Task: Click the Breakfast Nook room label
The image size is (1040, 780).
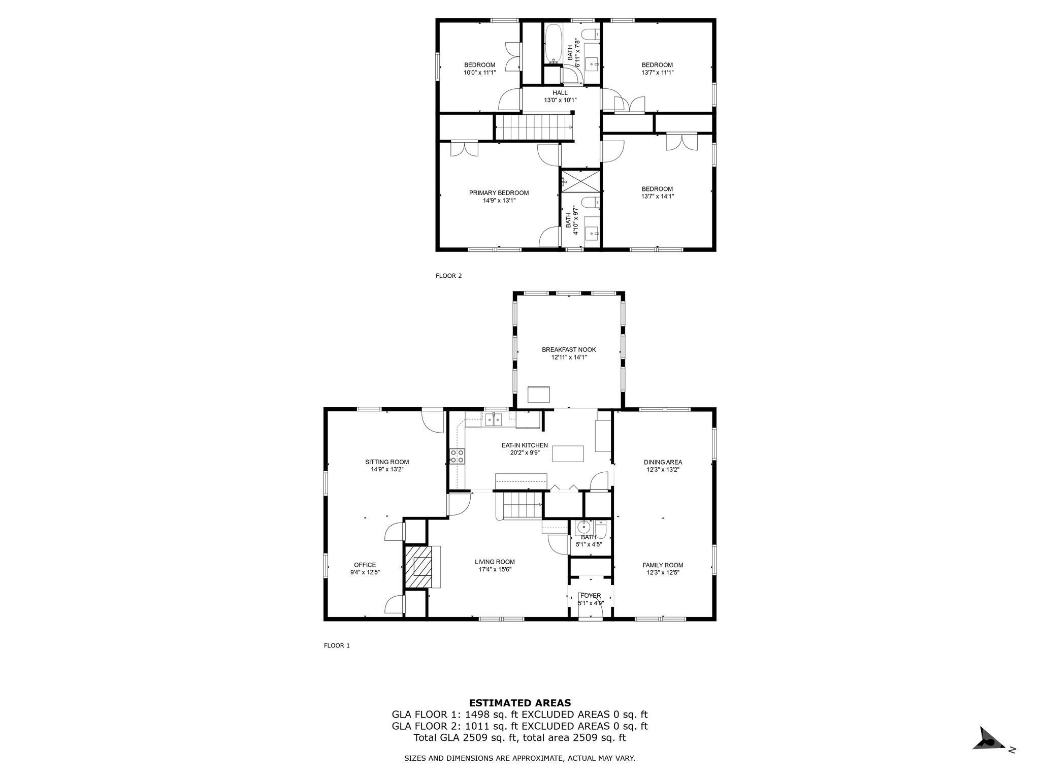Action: point(569,349)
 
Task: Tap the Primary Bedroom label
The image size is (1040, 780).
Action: point(499,193)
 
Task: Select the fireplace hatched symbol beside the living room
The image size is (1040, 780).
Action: point(418,567)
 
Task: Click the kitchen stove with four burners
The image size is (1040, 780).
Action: point(457,456)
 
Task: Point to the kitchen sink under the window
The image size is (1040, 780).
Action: point(493,419)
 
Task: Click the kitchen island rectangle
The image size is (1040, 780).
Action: point(568,453)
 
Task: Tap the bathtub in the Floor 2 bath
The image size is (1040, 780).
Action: point(553,44)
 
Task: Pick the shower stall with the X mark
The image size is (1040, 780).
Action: point(580,180)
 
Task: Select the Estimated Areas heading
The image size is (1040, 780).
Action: point(520,703)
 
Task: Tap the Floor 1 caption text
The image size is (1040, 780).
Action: point(337,645)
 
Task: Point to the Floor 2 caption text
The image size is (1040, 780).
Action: point(448,276)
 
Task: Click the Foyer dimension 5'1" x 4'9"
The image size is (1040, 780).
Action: point(591,603)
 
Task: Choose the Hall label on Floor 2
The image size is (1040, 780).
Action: point(560,93)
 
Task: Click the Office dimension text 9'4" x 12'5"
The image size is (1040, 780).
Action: point(365,572)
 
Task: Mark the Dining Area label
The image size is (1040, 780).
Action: point(663,462)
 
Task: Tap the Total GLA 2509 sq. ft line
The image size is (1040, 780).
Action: point(519,737)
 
